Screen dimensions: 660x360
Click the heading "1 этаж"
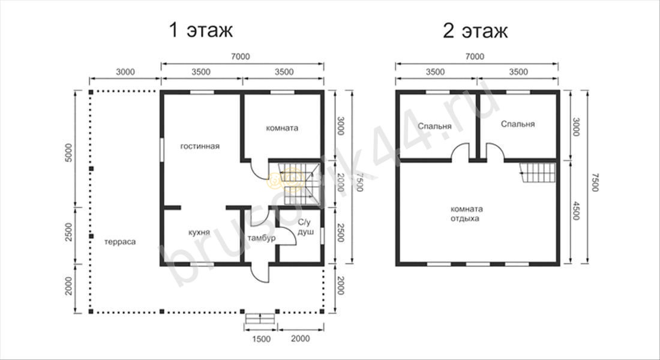coord(200,31)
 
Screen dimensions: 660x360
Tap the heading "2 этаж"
coord(475,31)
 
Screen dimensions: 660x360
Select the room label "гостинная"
coord(200,146)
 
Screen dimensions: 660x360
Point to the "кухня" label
coord(199,232)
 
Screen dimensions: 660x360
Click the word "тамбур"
coord(262,238)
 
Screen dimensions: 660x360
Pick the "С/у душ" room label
coord(305,227)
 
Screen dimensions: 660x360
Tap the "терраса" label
coord(120,242)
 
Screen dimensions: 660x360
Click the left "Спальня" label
coord(435,127)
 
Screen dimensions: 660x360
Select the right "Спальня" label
coord(518,124)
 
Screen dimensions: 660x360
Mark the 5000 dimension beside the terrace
coord(69,152)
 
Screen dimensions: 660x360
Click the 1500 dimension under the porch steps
coord(261,339)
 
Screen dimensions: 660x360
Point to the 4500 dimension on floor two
coord(576,211)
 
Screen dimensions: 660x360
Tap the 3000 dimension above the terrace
coord(125,72)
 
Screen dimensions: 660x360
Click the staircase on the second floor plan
coord(538,173)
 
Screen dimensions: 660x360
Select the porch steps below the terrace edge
coord(260,319)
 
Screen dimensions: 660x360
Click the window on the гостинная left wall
coord(161,149)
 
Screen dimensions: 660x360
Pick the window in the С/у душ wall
coord(322,236)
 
